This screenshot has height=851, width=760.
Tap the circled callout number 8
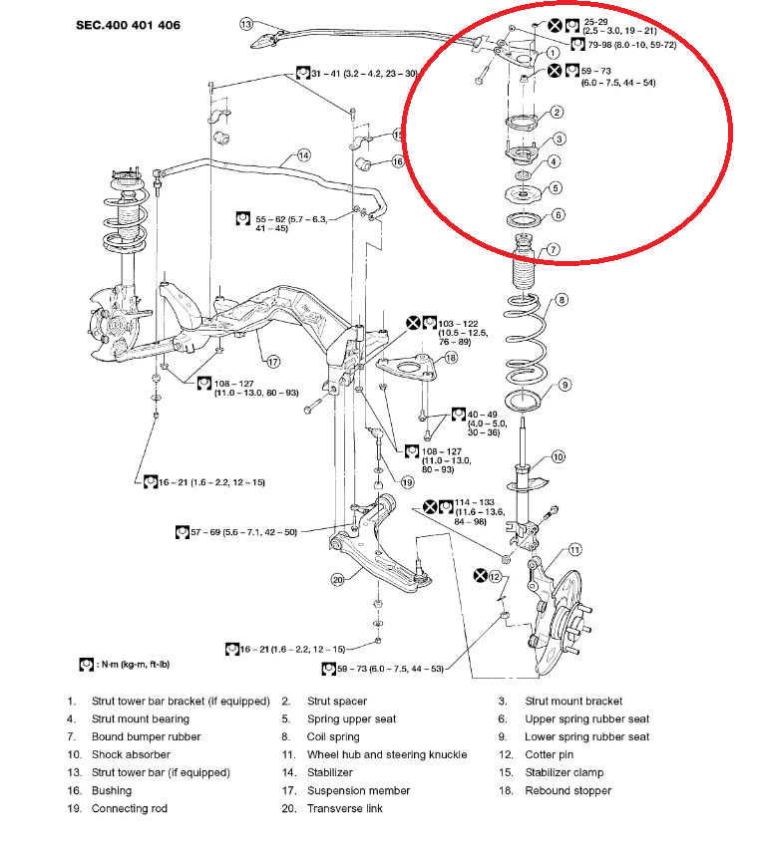pyautogui.click(x=563, y=299)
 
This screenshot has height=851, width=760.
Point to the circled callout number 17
pyautogui.click(x=272, y=361)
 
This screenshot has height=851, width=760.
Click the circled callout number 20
pyautogui.click(x=337, y=580)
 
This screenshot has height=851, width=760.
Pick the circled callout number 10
pyautogui.click(x=558, y=457)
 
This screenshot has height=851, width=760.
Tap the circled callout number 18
pyautogui.click(x=451, y=358)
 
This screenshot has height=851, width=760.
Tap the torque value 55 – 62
pyautogui.click(x=275, y=218)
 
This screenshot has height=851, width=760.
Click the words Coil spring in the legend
pyautogui.click(x=333, y=736)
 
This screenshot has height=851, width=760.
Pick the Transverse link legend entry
pyautogui.click(x=344, y=808)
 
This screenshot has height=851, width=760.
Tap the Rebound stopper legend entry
pyautogui.click(x=568, y=790)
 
